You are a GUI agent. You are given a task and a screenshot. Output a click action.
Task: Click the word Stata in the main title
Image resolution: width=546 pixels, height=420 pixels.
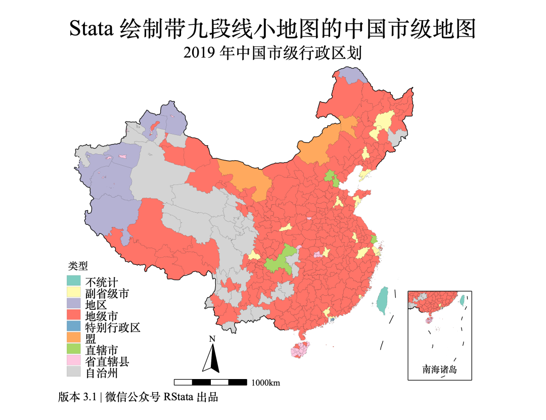(x=92, y=29)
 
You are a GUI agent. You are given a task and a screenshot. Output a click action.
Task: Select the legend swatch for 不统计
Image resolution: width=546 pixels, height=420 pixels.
(x=74, y=281)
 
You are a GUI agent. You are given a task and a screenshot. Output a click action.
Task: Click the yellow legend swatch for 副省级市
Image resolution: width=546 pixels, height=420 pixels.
(x=74, y=292)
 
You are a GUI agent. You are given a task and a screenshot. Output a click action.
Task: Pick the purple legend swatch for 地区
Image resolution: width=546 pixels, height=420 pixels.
(x=74, y=304)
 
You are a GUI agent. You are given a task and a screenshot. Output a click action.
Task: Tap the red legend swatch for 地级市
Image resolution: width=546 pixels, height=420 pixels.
(x=74, y=315)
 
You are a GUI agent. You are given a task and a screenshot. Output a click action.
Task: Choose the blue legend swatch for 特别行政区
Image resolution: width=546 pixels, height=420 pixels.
(x=74, y=327)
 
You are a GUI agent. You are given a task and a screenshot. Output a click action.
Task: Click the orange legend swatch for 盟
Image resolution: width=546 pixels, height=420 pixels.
(x=74, y=339)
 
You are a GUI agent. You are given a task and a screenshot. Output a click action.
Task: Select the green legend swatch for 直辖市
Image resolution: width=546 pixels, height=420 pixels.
(x=74, y=350)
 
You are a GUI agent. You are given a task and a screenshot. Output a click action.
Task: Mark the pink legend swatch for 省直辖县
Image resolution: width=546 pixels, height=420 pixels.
(x=74, y=361)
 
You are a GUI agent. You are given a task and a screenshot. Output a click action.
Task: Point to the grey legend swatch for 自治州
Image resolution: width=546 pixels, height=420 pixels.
(x=74, y=373)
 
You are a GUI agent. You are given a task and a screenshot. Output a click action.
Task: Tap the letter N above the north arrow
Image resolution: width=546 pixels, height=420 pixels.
(x=212, y=339)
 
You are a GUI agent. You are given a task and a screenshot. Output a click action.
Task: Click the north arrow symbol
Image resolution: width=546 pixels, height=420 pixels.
(x=212, y=358)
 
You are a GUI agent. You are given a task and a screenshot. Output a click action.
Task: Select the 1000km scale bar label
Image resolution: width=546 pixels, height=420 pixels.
(x=265, y=383)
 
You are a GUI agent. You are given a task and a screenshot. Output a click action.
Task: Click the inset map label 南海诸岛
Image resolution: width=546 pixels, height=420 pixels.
(x=439, y=369)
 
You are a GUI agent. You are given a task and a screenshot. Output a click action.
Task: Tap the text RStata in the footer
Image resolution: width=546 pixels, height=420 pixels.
(x=178, y=397)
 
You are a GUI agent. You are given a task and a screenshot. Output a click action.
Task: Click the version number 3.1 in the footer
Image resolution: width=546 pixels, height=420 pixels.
(x=90, y=397)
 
